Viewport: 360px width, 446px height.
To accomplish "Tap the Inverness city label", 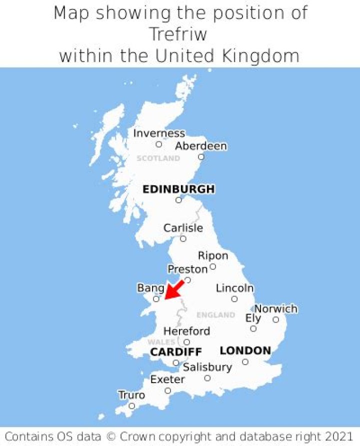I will tap(159, 133).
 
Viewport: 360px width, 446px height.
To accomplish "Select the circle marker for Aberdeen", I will tap(201, 157).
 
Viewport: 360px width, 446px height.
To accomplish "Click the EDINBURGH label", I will tap(178, 189).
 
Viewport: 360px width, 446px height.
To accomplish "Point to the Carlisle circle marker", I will tap(183, 239).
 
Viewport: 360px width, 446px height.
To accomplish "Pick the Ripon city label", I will tap(213, 256).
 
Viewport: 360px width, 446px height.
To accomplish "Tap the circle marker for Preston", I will tap(187, 280).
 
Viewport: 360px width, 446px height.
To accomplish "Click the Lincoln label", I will tap(234, 288).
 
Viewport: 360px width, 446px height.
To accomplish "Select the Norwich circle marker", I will tap(275, 320).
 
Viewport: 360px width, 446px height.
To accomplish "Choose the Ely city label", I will tap(253, 318).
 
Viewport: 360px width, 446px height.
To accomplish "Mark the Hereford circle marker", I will tap(186, 342).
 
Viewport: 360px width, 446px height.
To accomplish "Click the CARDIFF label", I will tap(176, 353).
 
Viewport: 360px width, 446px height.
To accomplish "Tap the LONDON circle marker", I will tap(245, 362).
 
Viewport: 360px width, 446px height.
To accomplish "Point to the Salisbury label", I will tap(207, 368).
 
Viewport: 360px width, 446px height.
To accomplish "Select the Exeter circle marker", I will tap(168, 391).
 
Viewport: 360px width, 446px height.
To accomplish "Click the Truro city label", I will tap(131, 396).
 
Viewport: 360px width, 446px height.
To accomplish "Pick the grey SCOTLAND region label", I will tap(158, 158).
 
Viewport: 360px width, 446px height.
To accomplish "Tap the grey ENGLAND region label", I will tap(215, 315).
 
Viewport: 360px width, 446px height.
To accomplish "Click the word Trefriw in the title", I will tap(178, 35).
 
